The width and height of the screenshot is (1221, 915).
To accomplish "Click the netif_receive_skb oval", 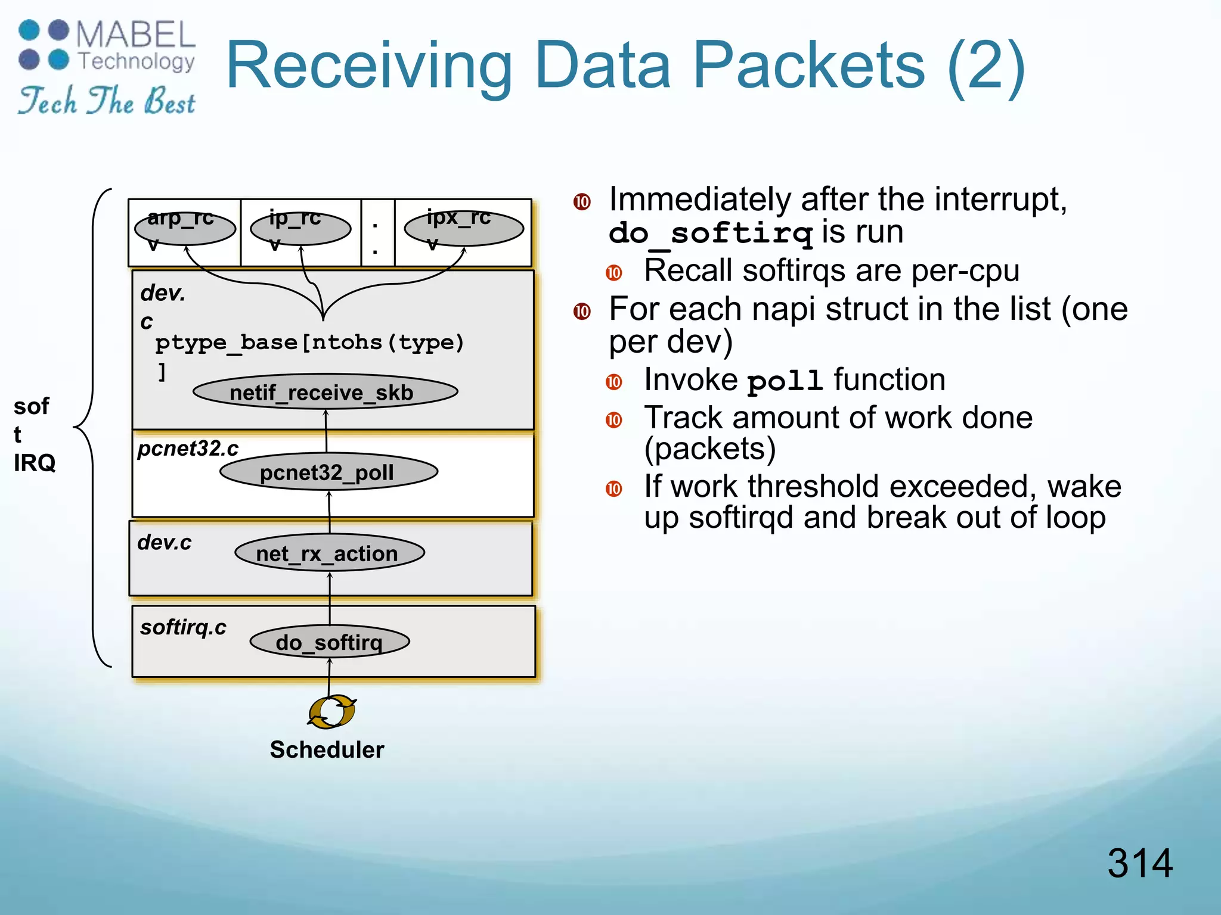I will [x=325, y=392].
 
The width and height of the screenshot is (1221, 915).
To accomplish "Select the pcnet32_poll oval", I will [x=329, y=472].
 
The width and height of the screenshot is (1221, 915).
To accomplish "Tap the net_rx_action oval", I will [x=329, y=553].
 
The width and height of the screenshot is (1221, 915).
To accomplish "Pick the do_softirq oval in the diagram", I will [x=330, y=642].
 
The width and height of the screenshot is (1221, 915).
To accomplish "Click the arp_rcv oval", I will [x=185, y=229].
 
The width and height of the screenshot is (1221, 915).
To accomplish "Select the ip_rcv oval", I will [x=300, y=229].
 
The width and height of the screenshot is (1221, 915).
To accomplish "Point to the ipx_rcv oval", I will [x=463, y=229].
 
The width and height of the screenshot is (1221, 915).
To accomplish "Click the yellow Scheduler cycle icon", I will [x=331, y=711].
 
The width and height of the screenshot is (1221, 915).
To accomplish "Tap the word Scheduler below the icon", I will [x=327, y=749].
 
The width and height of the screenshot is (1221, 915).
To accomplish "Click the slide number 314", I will [x=1139, y=863].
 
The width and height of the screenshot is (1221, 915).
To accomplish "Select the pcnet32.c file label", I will [x=188, y=449].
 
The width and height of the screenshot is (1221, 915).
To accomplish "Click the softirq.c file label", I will [x=183, y=627].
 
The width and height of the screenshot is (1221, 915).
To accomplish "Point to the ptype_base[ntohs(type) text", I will [x=309, y=343].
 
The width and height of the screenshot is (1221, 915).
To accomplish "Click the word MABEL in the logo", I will [x=135, y=35].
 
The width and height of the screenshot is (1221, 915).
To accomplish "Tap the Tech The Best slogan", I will [x=106, y=101].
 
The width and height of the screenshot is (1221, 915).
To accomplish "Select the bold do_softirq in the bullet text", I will [x=711, y=233].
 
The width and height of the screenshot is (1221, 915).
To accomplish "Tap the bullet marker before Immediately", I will [x=582, y=202].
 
